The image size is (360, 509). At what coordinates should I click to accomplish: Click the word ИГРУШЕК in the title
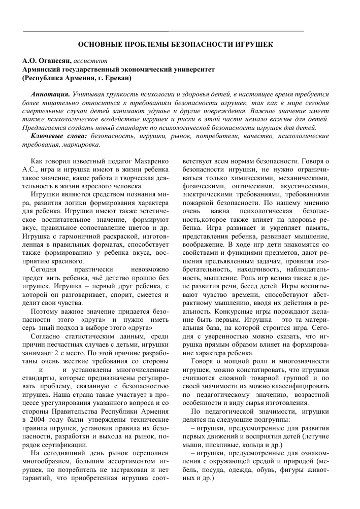point(251,45)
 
